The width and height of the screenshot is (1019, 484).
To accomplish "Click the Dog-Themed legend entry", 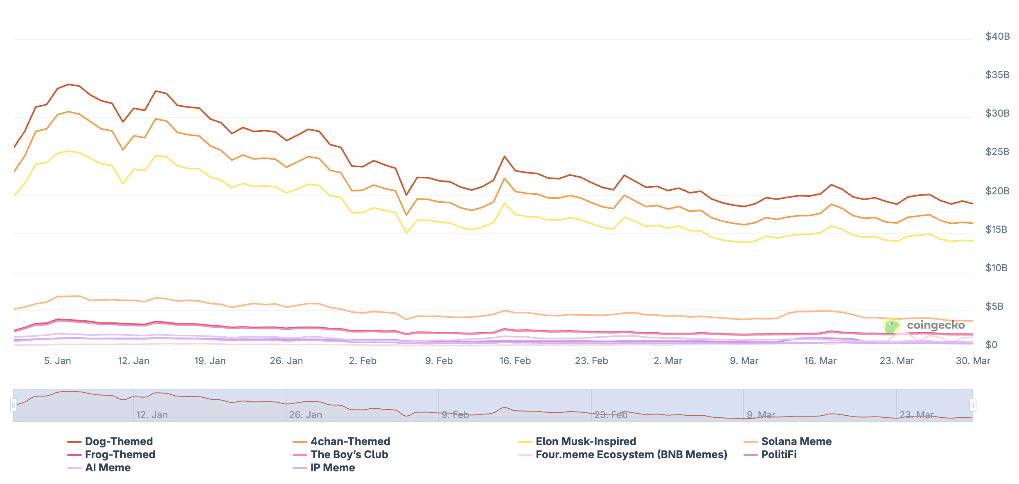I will pyautogui.click(x=119, y=441).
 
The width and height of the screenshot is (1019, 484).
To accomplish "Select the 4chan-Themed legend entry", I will pyautogui.click(x=350, y=441).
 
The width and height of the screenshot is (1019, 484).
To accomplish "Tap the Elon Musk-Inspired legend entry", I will pyautogui.click(x=586, y=441).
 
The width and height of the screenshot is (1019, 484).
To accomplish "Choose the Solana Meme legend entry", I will pyautogui.click(x=796, y=441).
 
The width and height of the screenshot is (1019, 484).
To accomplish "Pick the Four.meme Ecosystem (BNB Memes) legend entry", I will pyautogui.click(x=631, y=455).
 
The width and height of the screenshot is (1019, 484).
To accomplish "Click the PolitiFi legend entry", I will pyautogui.click(x=778, y=455).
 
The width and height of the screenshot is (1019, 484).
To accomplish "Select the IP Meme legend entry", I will pyautogui.click(x=332, y=468).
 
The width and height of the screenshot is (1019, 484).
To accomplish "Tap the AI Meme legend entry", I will pyautogui.click(x=108, y=468).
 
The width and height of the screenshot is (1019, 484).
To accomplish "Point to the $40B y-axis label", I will pyautogui.click(x=997, y=36).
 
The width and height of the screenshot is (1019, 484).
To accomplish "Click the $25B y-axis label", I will pyautogui.click(x=997, y=152).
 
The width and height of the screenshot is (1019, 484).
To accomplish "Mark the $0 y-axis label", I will pyautogui.click(x=991, y=345).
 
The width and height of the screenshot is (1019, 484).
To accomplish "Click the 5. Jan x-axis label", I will pyautogui.click(x=57, y=361).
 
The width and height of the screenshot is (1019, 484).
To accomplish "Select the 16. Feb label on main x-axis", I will pyautogui.click(x=515, y=361).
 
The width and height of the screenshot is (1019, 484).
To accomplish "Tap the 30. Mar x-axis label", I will pyautogui.click(x=972, y=361).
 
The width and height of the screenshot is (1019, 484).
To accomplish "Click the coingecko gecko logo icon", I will pyautogui.click(x=892, y=326).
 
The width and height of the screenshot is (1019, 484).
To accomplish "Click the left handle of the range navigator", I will pyautogui.click(x=14, y=405).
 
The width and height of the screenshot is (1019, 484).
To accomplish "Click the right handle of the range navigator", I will pyautogui.click(x=972, y=405).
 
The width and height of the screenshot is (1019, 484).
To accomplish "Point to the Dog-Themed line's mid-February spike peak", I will pyautogui.click(x=504, y=156).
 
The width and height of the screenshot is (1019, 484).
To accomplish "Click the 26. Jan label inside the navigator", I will pyautogui.click(x=305, y=415).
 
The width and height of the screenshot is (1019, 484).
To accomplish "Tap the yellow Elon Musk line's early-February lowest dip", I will pyautogui.click(x=406, y=233).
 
